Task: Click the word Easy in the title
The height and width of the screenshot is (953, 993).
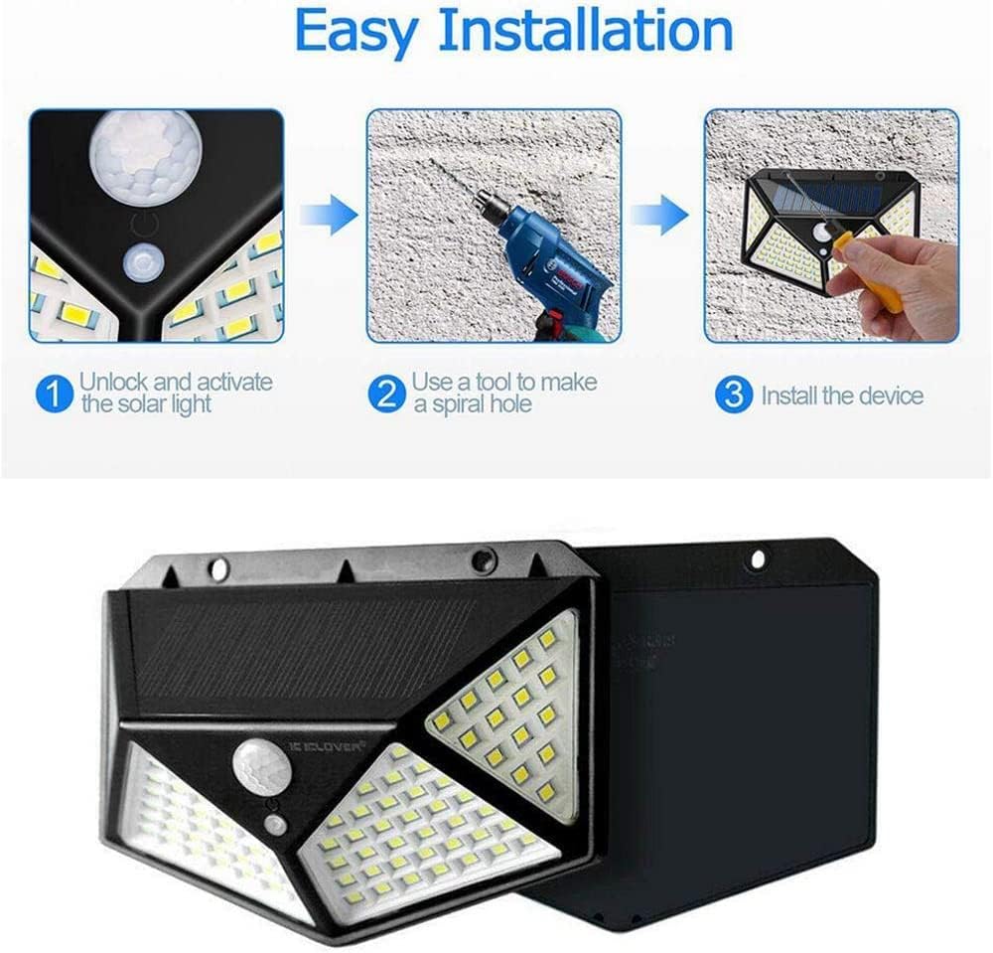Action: (x=355, y=32)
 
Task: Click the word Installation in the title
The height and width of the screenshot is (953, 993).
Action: (x=586, y=32)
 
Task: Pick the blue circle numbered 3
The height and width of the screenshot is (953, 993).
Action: (x=734, y=396)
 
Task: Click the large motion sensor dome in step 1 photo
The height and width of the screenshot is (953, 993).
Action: (x=146, y=154)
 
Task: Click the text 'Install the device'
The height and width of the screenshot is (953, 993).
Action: (x=842, y=397)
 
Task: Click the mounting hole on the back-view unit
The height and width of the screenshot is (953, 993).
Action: (x=758, y=559)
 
